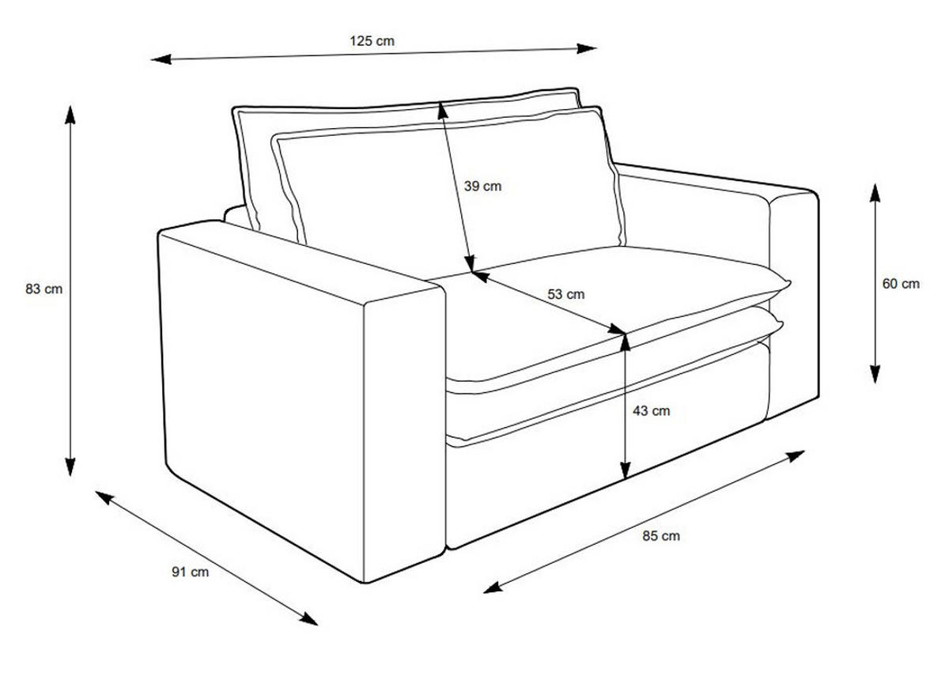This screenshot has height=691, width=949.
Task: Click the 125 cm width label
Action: pyautogui.click(x=372, y=41)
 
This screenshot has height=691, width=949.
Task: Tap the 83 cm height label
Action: pyautogui.click(x=44, y=289)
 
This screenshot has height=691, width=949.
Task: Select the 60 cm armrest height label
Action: pyautogui.click(x=901, y=284)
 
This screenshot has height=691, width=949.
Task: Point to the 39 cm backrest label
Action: pyautogui.click(x=482, y=186)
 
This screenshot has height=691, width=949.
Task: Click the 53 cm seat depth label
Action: pyautogui.click(x=566, y=294)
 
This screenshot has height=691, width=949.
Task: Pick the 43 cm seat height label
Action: pyautogui.click(x=652, y=410)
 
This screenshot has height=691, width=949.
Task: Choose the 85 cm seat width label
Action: pyautogui.click(x=661, y=536)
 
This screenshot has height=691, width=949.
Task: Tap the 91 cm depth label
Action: pyautogui.click(x=191, y=572)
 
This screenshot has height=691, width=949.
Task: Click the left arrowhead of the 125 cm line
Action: pyautogui.click(x=161, y=59)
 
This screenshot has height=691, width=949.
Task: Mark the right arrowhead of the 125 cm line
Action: pyautogui.click(x=587, y=48)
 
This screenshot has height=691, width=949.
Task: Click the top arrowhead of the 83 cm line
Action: pyautogui.click(x=70, y=115)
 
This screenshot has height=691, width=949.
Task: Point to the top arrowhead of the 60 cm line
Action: pyautogui.click(x=875, y=193)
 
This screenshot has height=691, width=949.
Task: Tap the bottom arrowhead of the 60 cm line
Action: pyautogui.click(x=875, y=375)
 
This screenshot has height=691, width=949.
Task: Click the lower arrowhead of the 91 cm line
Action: pyautogui.click(x=308, y=619)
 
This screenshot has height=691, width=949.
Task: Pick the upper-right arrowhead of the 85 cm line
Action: pyautogui.click(x=795, y=456)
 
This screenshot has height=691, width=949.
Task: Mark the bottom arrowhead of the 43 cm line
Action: pyautogui.click(x=625, y=470)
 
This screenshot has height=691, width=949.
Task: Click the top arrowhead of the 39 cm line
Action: pyautogui.click(x=442, y=110)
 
